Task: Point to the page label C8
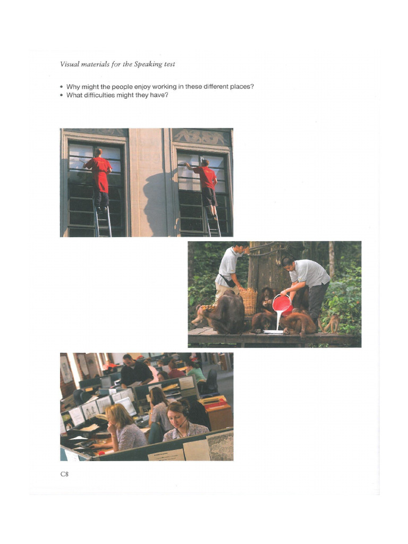click(x=64, y=473)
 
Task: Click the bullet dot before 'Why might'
click(x=62, y=87)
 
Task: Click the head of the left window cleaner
click(x=98, y=152)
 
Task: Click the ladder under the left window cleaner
click(x=103, y=221)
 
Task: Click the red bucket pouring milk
click(x=282, y=303)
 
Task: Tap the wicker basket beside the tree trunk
click(x=248, y=301)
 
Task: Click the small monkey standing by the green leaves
click(x=333, y=323)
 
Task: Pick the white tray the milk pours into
click(x=274, y=332)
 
